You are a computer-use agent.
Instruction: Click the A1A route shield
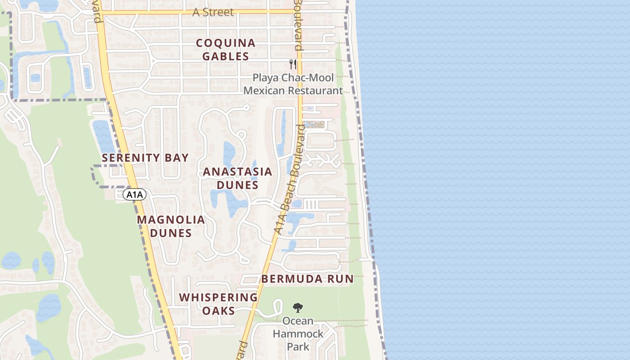pyautogui.click(x=135, y=194)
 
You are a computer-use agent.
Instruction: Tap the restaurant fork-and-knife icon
pyautogui.click(x=293, y=64)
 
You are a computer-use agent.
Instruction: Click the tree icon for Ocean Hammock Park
pyautogui.click(x=297, y=308)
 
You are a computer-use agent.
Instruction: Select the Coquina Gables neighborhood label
pyautogui.click(x=226, y=49)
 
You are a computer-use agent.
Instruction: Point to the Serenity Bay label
pyautogui.click(x=145, y=157)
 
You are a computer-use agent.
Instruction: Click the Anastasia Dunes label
pyautogui.click(x=238, y=178)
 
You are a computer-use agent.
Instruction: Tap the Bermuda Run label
pyautogui.click(x=308, y=279)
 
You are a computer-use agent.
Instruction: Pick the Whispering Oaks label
pyautogui.click(x=218, y=304)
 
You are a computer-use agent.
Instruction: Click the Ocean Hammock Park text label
pyautogui.click(x=298, y=334)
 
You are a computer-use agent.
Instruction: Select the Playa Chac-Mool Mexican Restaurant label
pyautogui.click(x=293, y=84)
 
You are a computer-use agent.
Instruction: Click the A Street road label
pyautogui.click(x=213, y=12)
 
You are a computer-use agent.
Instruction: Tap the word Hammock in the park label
pyautogui.click(x=298, y=334)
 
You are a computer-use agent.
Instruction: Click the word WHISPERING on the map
pyautogui.click(x=218, y=297)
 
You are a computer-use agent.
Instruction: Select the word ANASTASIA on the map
pyautogui.click(x=238, y=171)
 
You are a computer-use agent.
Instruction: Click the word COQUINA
pyautogui.click(x=226, y=43)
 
